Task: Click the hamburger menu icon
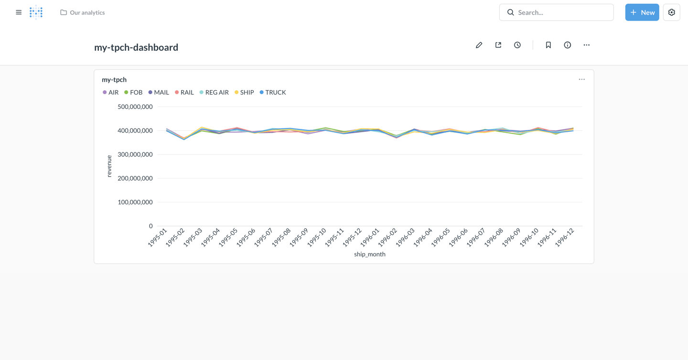coord(19,12)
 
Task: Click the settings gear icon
coord(671,12)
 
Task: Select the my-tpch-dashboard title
coord(136,47)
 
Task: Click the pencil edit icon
coord(479,45)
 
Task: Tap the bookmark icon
coord(548,45)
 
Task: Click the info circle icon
coord(567,45)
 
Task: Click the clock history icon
coord(517,45)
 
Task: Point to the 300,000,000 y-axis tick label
coord(135,155)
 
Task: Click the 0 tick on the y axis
coord(150,226)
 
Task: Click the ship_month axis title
coord(370,254)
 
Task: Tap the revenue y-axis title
coord(109,166)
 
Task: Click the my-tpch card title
coord(114,80)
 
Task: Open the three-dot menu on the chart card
coord(581,79)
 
